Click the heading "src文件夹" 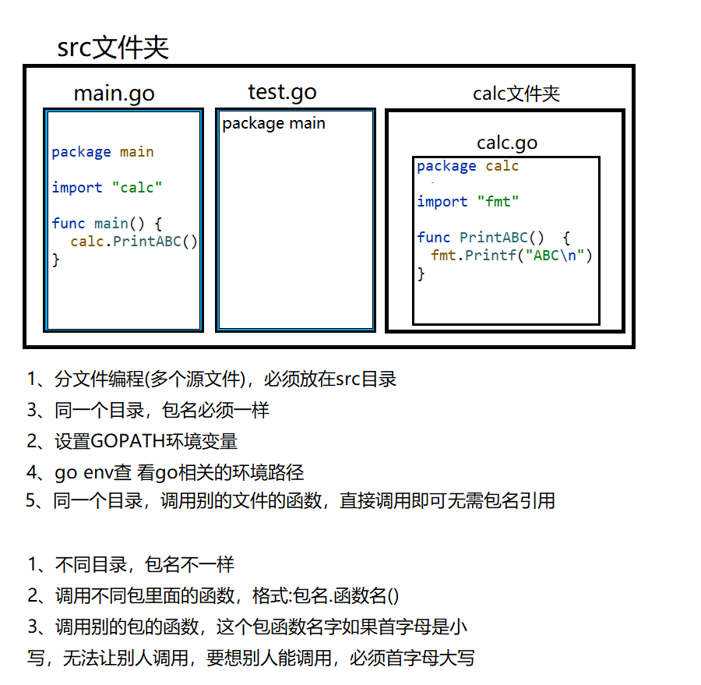pyautogui.click(x=113, y=48)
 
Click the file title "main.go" pyautogui.click(x=114, y=94)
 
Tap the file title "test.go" pyautogui.click(x=282, y=92)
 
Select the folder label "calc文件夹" pyautogui.click(x=516, y=94)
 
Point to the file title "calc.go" pyautogui.click(x=507, y=143)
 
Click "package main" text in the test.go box pyautogui.click(x=273, y=123)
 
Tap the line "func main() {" pyautogui.click(x=107, y=224)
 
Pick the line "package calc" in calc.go pyautogui.click(x=467, y=166)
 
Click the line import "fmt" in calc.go pyautogui.click(x=467, y=202)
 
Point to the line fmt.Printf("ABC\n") pyautogui.click(x=512, y=255)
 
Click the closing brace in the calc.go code pyautogui.click(x=421, y=273)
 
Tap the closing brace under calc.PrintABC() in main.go pyautogui.click(x=56, y=260)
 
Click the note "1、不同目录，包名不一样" pyautogui.click(x=131, y=565)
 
